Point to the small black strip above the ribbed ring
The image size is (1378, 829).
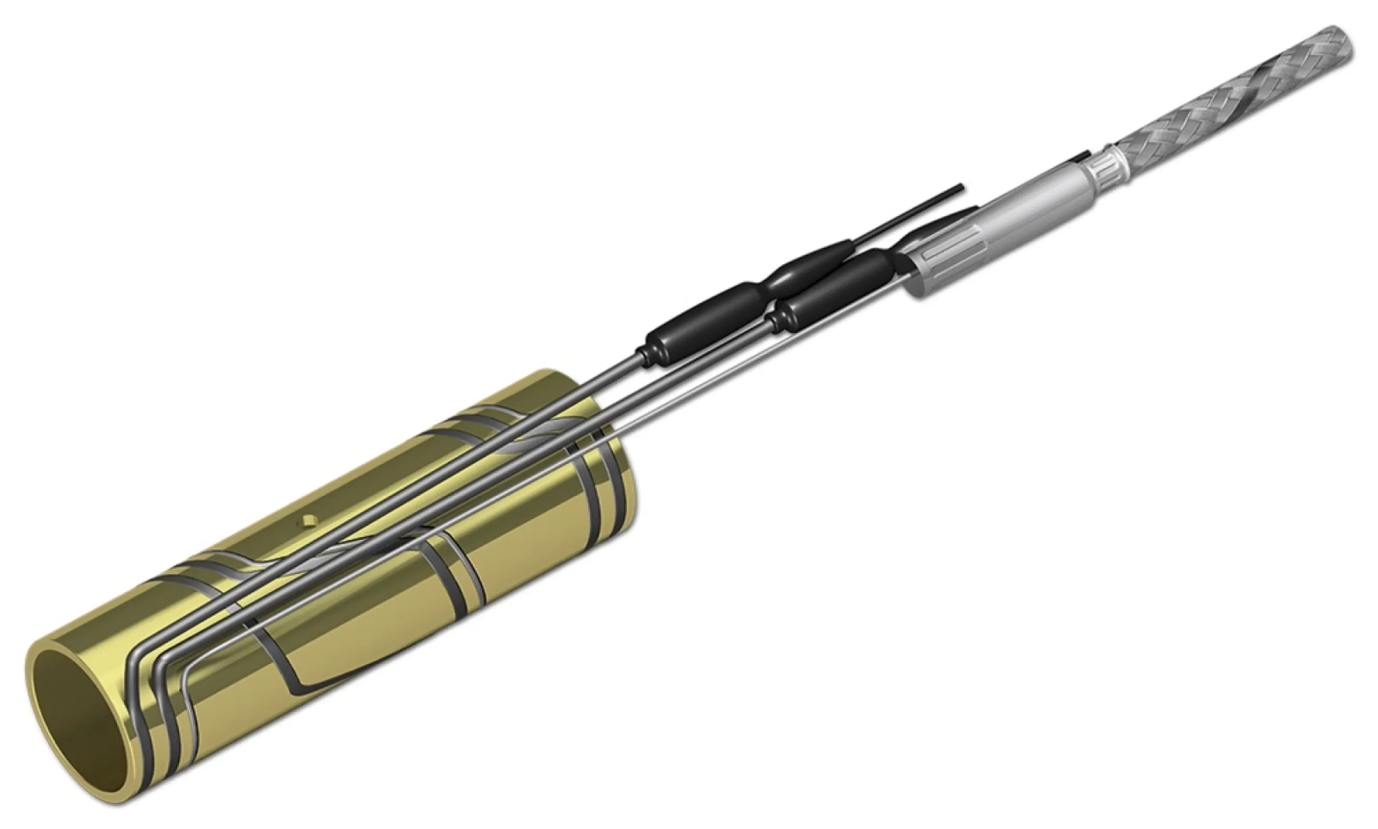[1077, 156]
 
